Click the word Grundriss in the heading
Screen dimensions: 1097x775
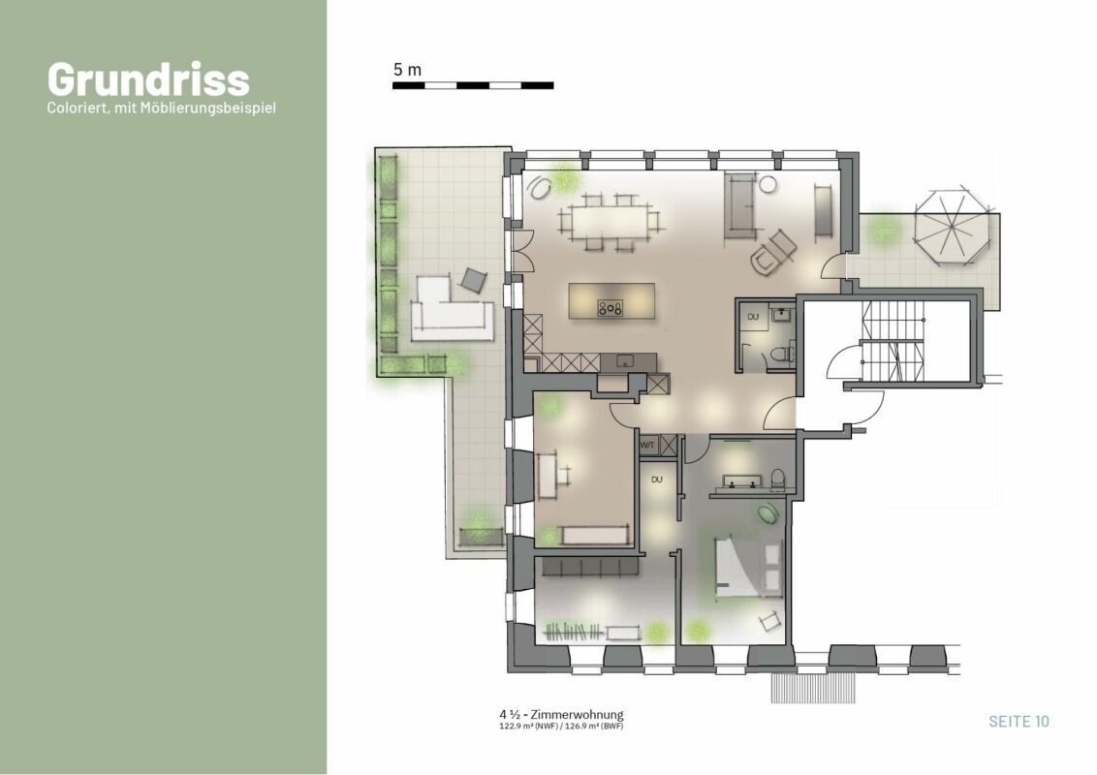tap(148, 79)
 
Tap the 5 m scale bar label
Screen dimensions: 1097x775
tap(407, 70)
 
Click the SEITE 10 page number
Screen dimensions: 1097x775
tap(1019, 721)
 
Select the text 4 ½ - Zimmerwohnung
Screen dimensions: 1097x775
tap(561, 715)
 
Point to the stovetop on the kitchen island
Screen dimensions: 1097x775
tap(611, 307)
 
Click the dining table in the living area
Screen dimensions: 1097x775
tap(610, 222)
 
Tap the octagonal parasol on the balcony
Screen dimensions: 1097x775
tap(952, 225)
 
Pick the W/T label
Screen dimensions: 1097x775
tap(647, 445)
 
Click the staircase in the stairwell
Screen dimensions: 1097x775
tap(892, 341)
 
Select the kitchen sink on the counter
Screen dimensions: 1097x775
tap(625, 361)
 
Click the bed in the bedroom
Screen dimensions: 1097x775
tap(747, 566)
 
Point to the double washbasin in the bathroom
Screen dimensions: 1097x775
tap(742, 480)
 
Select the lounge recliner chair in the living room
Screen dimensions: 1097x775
tap(772, 253)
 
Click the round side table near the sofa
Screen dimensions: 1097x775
tap(768, 184)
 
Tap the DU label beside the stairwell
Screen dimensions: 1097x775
tap(753, 317)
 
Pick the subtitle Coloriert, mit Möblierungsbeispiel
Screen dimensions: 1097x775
tap(162, 108)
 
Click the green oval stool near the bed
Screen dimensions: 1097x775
tap(768, 512)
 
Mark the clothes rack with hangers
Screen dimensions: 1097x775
tap(574, 632)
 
